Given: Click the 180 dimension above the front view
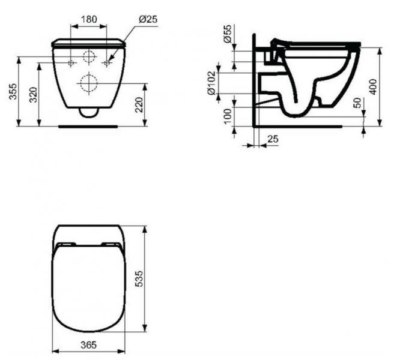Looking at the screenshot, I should click(89, 19).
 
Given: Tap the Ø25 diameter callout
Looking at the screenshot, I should click(148, 19).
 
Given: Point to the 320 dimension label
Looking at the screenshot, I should click(34, 94).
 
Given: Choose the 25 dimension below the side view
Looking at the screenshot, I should click(273, 139).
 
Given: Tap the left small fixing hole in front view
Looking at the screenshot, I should click(71, 62).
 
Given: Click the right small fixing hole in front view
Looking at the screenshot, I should click(108, 62).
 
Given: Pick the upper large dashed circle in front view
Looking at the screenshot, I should click(89, 58).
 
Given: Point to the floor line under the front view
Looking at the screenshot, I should click(89, 127).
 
